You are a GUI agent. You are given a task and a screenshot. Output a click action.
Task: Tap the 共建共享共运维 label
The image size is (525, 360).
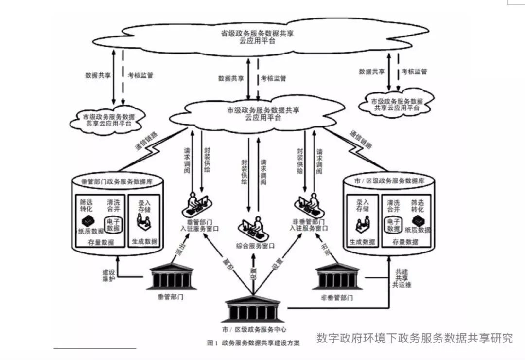coord(402,278)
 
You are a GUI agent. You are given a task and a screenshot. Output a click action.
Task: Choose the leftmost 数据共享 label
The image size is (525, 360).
coord(98,76)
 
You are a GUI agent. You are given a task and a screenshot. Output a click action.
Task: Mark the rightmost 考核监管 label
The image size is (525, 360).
coord(414,72)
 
